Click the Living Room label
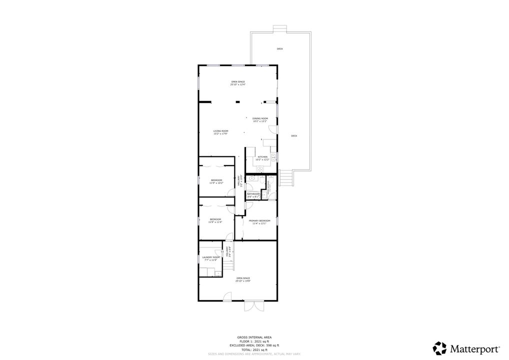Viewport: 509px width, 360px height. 220,132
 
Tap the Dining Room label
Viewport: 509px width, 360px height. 260,119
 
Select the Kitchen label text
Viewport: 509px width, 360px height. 262,158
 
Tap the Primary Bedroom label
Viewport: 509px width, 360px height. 259,222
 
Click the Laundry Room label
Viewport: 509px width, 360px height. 210,258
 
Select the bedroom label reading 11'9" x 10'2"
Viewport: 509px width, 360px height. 216,181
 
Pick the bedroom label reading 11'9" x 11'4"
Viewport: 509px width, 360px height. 215,220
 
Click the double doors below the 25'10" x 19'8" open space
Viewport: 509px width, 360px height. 253,307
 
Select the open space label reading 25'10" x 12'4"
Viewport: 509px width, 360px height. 237,83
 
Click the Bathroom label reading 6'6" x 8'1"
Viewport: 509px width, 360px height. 253,195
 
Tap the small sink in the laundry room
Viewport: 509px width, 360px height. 218,273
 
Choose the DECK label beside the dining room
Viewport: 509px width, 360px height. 294,136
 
